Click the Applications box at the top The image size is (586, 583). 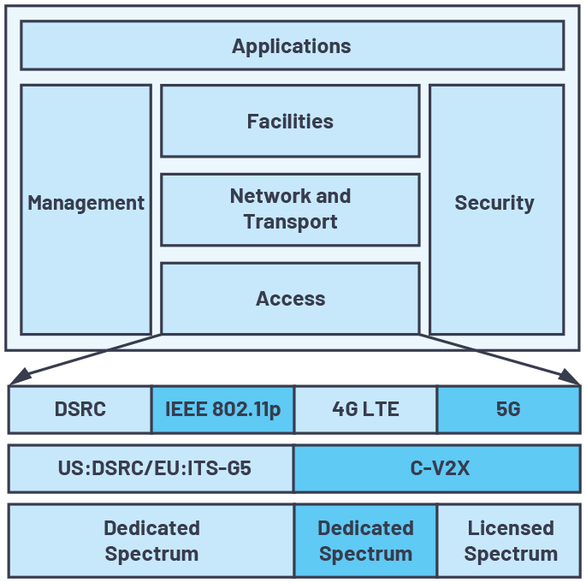[292, 45]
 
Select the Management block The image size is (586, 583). [86, 209]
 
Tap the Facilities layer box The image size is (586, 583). [290, 121]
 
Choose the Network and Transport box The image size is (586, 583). [290, 209]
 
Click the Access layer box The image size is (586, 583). [290, 298]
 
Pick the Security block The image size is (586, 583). [495, 209]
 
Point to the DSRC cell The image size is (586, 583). [80, 409]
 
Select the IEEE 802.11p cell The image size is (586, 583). [222, 409]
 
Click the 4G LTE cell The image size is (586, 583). [365, 409]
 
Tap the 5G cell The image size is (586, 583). [508, 409]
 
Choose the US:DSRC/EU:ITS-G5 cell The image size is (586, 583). [151, 468]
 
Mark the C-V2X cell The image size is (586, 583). [436, 468]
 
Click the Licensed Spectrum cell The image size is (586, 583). [509, 540]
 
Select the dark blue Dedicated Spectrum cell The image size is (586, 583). [365, 540]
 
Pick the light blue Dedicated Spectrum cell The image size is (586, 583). [151, 540]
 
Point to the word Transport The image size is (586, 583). [290, 222]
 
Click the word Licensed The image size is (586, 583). [511, 527]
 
